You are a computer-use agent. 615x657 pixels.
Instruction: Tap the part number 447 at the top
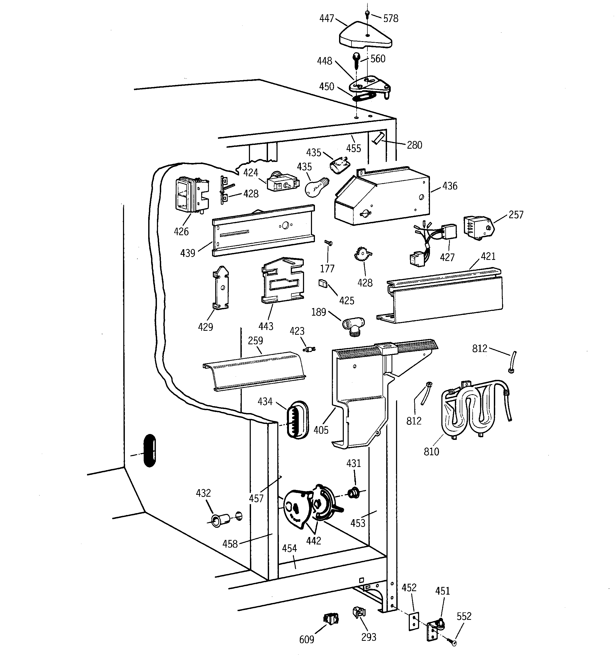pos(327,19)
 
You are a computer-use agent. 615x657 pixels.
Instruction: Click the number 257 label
pos(516,215)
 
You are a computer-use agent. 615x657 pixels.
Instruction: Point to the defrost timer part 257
pos(478,227)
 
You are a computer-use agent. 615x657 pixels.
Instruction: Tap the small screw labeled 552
pos(451,641)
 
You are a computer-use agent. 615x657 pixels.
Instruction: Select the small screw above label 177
pos(328,243)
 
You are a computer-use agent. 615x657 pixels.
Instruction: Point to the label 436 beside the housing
pos(450,186)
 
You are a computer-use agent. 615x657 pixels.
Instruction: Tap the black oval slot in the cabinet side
pos(150,450)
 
